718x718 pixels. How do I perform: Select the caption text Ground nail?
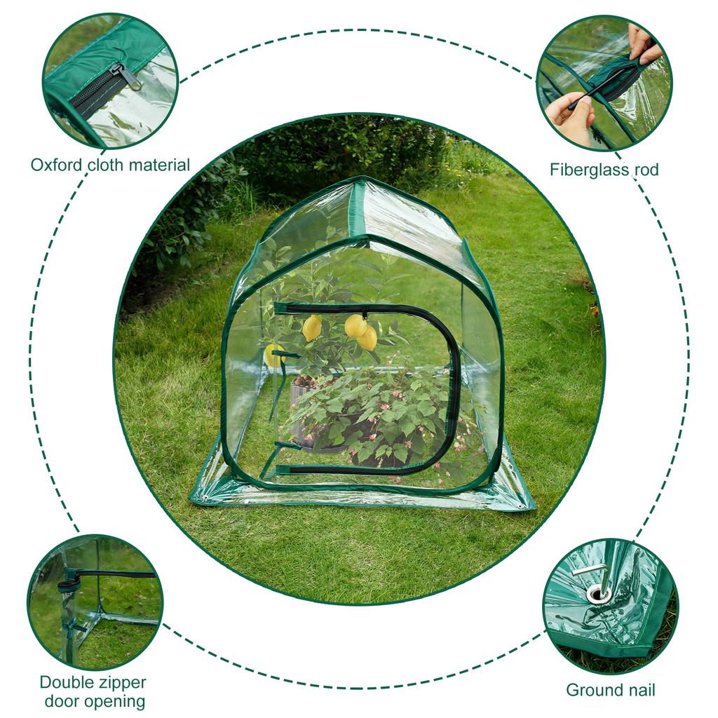[x=610, y=690]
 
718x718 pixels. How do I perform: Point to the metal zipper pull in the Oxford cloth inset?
[x=126, y=76]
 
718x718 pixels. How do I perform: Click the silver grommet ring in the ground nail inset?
[x=598, y=595]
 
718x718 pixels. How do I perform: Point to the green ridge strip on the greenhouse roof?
[x=358, y=210]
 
